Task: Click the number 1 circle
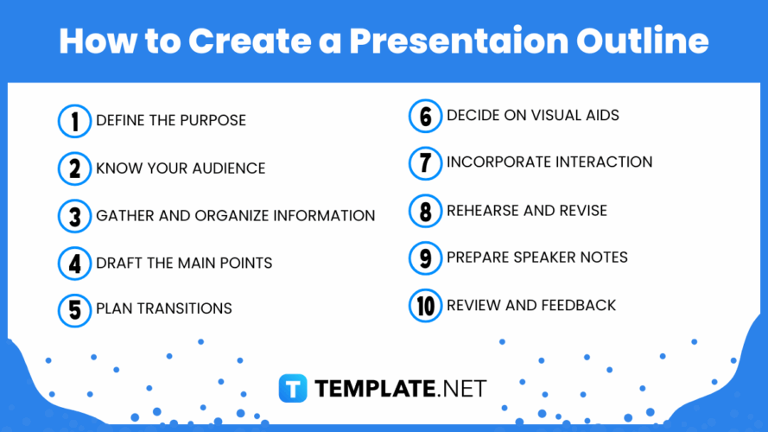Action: coord(74,121)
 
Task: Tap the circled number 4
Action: coord(74,263)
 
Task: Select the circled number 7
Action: coord(425,162)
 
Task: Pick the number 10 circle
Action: coord(425,305)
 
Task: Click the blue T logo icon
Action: coord(293,389)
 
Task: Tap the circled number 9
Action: coord(425,257)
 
